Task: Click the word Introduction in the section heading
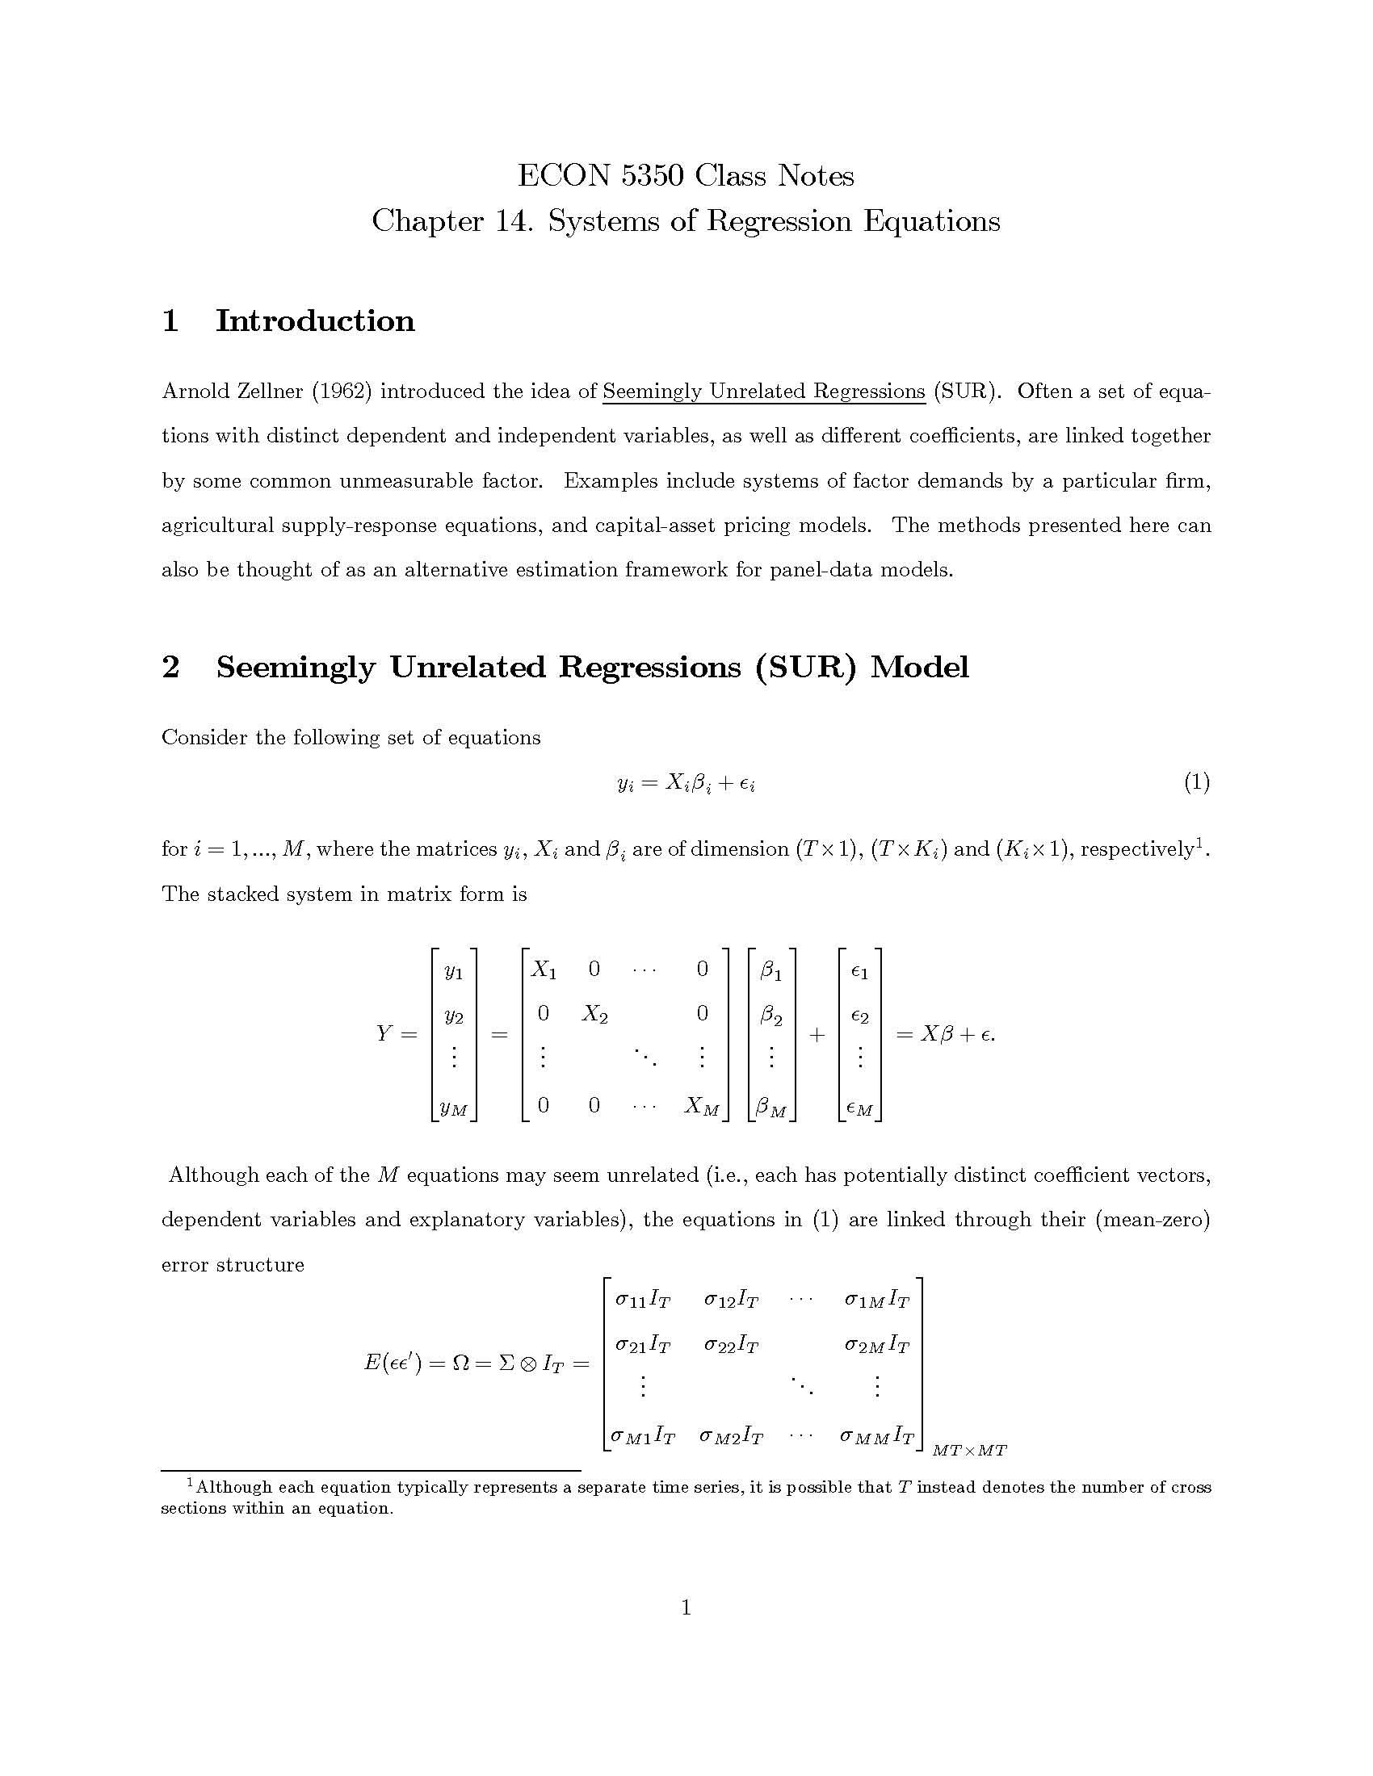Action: pos(315,320)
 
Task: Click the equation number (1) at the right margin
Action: pos(1196,782)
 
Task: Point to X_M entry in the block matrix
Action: pos(702,1105)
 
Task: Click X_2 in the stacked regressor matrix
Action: pos(594,1014)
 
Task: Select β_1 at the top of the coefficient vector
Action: pos(770,970)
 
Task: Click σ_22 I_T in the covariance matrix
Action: pos(731,1346)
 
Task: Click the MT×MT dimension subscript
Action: pos(969,1450)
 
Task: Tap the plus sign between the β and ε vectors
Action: pos(817,1034)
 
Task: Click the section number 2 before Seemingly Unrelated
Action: pos(170,667)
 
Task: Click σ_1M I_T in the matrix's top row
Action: pos(877,1301)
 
